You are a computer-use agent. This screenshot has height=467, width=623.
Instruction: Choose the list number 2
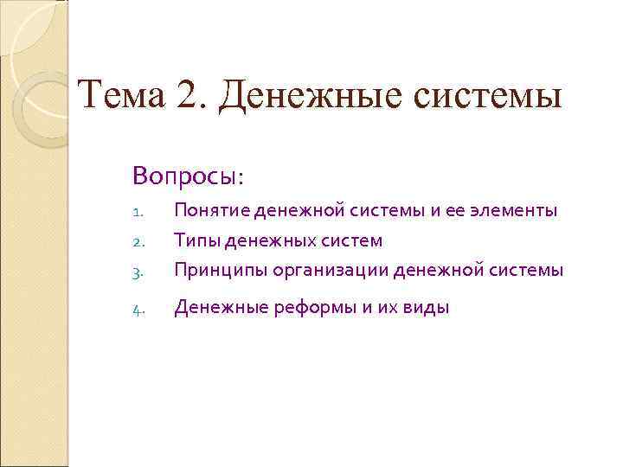[x=138, y=241]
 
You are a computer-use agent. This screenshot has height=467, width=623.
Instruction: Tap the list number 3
[x=138, y=271]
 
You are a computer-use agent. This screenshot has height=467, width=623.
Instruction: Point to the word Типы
[x=195, y=240]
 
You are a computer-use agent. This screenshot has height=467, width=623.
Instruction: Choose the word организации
[x=331, y=271]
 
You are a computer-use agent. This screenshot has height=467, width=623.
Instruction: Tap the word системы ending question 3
[x=527, y=271]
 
